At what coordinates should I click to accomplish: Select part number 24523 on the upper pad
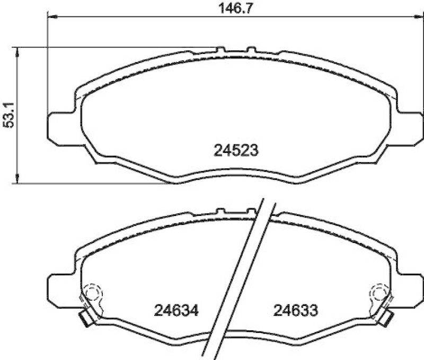[236, 151]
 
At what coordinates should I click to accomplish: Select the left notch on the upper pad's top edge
[220, 50]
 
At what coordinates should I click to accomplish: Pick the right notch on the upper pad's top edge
[251, 50]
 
